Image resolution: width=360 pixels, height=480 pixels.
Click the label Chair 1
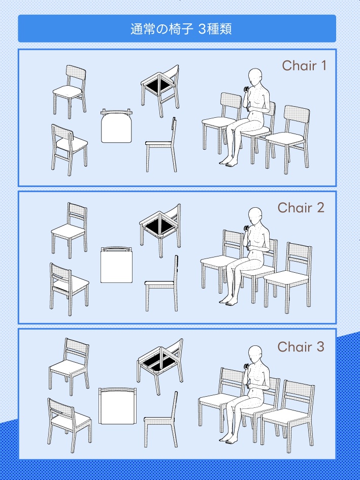pos(304,66)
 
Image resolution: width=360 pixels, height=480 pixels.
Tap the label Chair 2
pos(301,208)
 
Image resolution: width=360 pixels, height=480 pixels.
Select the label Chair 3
pos(301,346)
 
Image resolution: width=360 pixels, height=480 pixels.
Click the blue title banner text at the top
pos(181,29)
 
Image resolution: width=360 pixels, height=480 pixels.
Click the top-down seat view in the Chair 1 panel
pos(116,126)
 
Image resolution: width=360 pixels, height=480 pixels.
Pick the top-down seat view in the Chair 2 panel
pos(116,265)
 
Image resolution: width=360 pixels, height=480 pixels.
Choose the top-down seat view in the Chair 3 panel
pos(118,406)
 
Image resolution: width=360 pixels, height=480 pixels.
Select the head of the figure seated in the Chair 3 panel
pos(255,355)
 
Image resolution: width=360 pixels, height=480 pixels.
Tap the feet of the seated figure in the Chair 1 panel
pos(228,162)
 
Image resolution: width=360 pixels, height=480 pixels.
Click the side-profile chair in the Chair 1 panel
pos(161,144)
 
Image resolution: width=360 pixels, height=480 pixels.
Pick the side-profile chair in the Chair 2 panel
pos(161,283)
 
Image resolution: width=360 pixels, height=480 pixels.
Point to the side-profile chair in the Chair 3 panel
pos(161,420)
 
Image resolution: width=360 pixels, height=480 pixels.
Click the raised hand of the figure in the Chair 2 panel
pos(246,229)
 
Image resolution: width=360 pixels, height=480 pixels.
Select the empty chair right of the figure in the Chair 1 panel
pos(288,139)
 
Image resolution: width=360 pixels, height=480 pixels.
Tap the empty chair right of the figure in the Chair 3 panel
pos(288,417)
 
